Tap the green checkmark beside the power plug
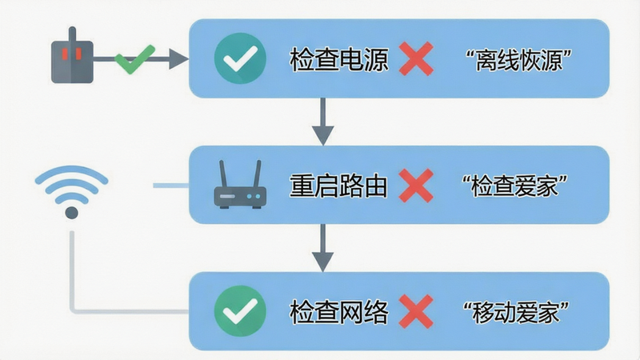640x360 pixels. coord(135,59)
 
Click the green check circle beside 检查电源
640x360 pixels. coord(241,58)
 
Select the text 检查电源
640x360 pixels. coord(338,59)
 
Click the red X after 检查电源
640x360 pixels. coord(416,58)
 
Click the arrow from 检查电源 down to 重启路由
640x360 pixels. coord(323,122)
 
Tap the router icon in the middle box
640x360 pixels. coord(241,185)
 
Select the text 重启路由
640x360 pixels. coord(338,186)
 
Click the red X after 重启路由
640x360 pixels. coord(416,186)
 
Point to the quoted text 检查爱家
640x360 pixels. coord(514,186)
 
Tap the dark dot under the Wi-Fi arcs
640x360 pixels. coord(71,213)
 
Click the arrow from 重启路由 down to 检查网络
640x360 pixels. coord(323,248)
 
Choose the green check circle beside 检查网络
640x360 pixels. coord(241,311)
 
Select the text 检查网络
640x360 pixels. coord(338,312)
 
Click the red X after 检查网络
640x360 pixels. coord(416,311)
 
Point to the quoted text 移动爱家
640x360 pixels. coord(516,313)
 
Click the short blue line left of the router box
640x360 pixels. coord(171,186)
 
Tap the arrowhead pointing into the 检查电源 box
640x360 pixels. coord(178,59)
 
